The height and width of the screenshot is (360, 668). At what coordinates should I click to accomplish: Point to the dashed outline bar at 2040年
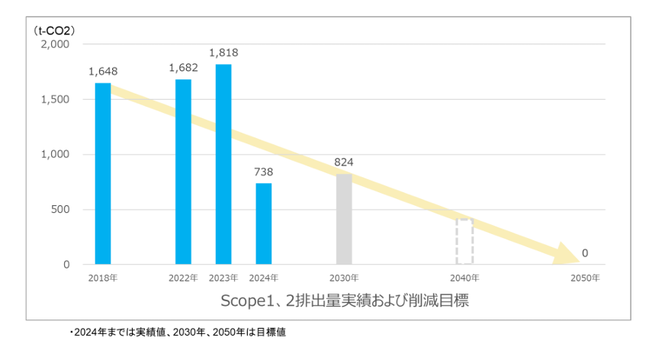coord(465,242)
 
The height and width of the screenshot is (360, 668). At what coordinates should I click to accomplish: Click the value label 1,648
coord(103,72)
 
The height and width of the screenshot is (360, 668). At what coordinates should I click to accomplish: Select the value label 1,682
coord(183,68)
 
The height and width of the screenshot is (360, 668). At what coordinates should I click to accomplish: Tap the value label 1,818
coord(223,53)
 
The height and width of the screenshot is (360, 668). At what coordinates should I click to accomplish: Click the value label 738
coord(264,172)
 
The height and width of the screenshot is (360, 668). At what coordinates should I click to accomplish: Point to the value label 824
coord(344,162)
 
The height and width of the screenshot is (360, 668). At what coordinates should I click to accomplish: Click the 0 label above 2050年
coord(585,252)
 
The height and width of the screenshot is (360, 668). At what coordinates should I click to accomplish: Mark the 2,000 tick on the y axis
coord(55,44)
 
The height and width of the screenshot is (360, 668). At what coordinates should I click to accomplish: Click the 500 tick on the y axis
coord(60,210)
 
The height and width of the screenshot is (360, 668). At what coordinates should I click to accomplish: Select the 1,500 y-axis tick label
coord(55,99)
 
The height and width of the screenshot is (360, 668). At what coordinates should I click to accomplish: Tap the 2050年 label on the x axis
coord(585,278)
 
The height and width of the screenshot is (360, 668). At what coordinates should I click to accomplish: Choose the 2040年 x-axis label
coord(465,278)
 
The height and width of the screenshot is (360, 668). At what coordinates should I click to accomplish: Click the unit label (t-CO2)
coord(54,31)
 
